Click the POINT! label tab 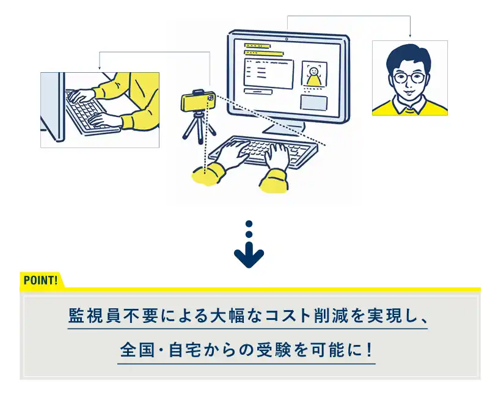(41, 280)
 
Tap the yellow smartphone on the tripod (198, 101)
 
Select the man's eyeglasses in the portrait (409, 78)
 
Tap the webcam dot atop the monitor (287, 39)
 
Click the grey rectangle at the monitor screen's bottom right (314, 102)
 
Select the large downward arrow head (249, 256)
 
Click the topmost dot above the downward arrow (249, 223)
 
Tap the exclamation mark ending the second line (370, 350)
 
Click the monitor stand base (283, 129)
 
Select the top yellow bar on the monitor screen (258, 45)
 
